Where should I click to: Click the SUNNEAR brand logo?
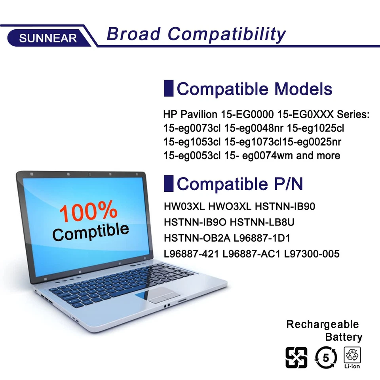pyautogui.click(x=48, y=38)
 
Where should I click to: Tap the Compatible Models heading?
pyautogui.click(x=254, y=89)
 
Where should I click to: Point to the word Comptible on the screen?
pyautogui.click(x=91, y=232)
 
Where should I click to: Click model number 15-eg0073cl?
pyautogui.click(x=192, y=128)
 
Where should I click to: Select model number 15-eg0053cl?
pyautogui.click(x=192, y=156)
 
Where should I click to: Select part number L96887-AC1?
pyautogui.click(x=252, y=254)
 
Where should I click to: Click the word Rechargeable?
pyautogui.click(x=322, y=325)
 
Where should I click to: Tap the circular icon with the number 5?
pyautogui.click(x=326, y=357)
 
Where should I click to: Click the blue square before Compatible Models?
pyautogui.click(x=169, y=88)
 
